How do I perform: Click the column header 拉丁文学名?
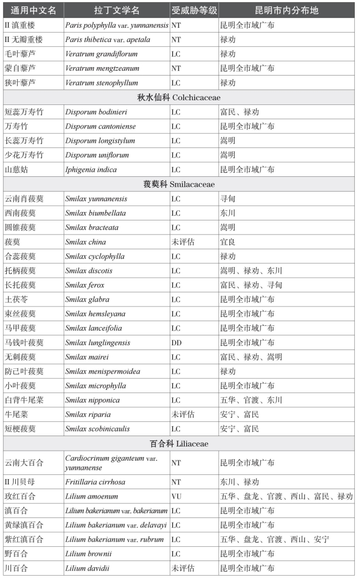coord(117,10)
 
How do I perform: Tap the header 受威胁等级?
coord(194,10)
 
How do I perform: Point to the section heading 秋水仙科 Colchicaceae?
coord(180,98)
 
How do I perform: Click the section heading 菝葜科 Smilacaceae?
coord(179,185)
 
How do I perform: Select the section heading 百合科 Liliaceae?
coord(179,444)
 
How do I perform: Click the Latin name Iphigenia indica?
coord(91,170)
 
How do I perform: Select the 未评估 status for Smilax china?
coord(183,242)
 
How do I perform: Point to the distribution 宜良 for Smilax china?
coord(228,242)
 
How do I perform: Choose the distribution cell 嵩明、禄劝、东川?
coord(251,271)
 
